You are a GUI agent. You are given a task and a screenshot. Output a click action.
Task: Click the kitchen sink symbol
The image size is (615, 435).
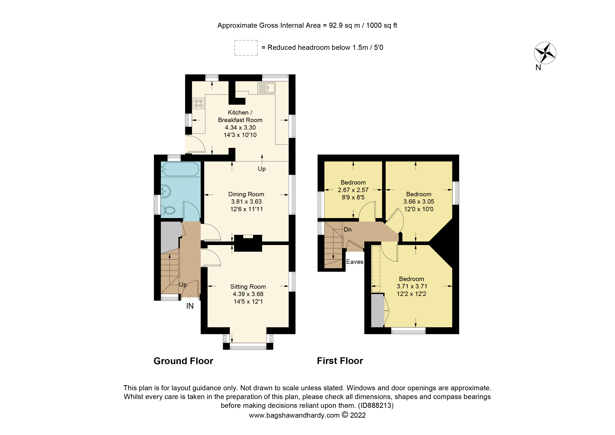[266, 88]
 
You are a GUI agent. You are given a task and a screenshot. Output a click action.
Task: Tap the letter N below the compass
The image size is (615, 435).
[538, 68]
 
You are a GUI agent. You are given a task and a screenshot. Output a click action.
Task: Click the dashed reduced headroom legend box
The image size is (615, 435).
[246, 48]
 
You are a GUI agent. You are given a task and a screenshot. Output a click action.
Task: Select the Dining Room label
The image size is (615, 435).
[246, 194]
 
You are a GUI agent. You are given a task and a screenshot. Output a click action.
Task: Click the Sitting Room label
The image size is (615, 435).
[248, 286]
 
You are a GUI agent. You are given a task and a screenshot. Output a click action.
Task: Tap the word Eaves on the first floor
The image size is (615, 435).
[355, 262]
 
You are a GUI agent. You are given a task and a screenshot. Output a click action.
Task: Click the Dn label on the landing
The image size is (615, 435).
[347, 229]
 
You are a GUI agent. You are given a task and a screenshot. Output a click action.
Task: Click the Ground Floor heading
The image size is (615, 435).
[183, 361]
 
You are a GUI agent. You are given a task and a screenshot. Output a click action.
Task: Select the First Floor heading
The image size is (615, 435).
[340, 361]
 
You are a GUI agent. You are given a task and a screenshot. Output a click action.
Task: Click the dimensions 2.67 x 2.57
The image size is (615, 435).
[353, 190]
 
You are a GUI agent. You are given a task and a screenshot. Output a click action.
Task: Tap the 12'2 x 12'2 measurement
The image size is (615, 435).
[411, 294]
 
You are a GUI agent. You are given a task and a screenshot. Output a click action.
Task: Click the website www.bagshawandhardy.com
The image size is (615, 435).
[294, 415]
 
